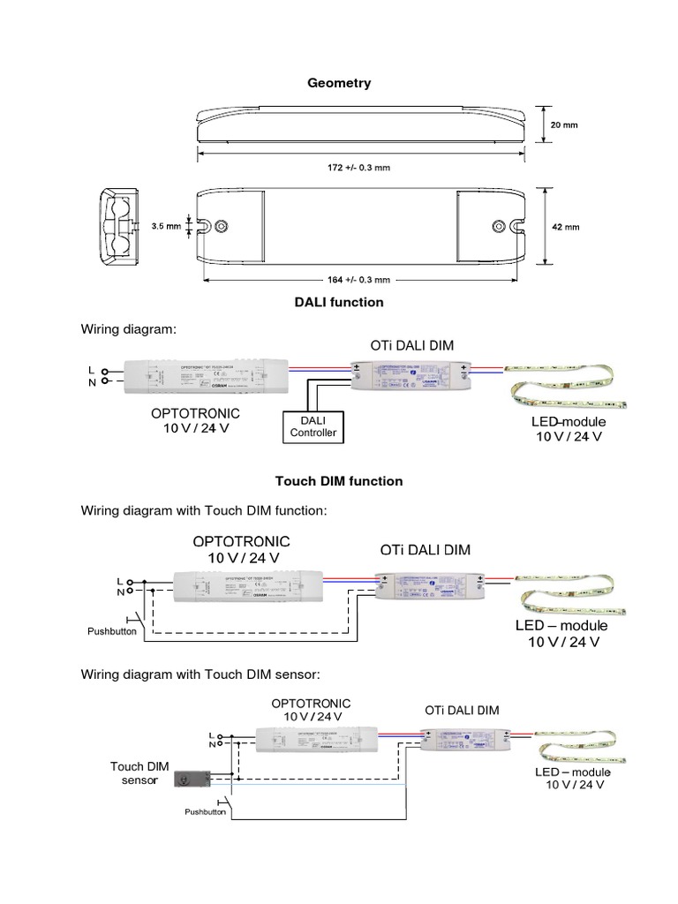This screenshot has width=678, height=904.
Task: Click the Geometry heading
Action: [339, 83]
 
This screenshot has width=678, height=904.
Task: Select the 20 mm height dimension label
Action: [565, 125]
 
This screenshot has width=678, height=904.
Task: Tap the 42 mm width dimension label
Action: [565, 227]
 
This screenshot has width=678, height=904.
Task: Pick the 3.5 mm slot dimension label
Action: [165, 226]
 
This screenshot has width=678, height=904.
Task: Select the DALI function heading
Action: [339, 302]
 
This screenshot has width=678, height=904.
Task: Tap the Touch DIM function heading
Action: [339, 481]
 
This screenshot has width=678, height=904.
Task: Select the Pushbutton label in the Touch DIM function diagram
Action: [110, 632]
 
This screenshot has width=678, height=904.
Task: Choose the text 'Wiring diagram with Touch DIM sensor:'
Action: [200, 675]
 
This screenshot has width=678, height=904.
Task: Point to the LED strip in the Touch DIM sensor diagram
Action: [581, 748]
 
